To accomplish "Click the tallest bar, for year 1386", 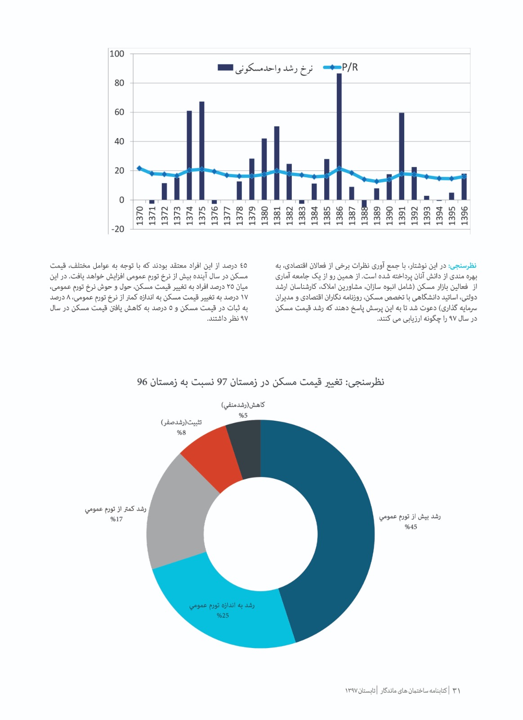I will click(x=339, y=135).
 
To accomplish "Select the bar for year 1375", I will click(x=202, y=151).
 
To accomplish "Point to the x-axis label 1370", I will click(x=139, y=216).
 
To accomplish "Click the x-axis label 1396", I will click(x=465, y=216).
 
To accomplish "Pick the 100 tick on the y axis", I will click(x=117, y=54).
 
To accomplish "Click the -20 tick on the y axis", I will click(x=117, y=229).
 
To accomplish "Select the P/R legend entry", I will click(x=349, y=67).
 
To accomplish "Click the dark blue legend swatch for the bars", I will click(x=225, y=67).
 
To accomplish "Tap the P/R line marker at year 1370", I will click(x=139, y=168).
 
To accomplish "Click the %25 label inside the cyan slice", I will click(x=223, y=616).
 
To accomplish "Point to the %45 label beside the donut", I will click(x=411, y=527).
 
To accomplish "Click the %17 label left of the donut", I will click(x=116, y=519).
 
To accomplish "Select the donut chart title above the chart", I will click(x=261, y=382).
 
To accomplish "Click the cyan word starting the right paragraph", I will click(x=463, y=266).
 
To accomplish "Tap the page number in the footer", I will click(x=456, y=690).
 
